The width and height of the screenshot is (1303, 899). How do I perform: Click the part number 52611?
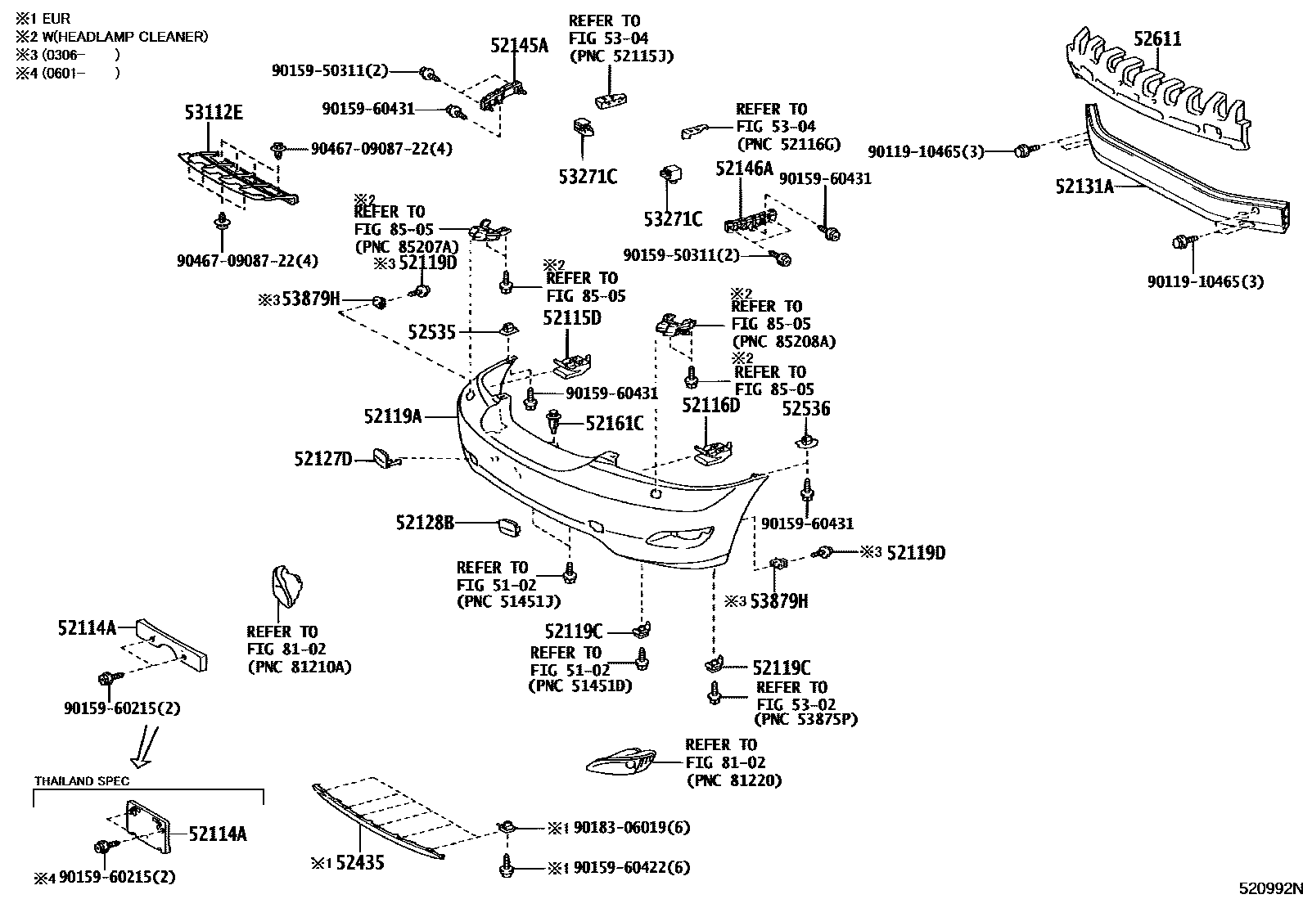[x=1157, y=38]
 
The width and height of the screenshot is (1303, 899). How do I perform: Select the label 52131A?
[x=1084, y=187]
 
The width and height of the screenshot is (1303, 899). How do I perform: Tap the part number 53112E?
[x=213, y=113]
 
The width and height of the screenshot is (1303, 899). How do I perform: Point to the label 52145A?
[x=519, y=45]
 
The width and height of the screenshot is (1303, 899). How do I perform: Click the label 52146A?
[x=743, y=169]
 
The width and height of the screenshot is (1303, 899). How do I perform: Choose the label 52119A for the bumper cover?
[x=393, y=417]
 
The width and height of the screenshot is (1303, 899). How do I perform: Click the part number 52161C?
[x=614, y=423]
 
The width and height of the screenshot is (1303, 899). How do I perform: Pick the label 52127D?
[x=323, y=460]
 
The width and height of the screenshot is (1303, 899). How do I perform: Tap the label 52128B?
[x=424, y=522]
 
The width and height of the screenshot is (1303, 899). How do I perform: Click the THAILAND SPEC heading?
[x=82, y=780]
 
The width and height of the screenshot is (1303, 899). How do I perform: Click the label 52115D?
[x=571, y=317]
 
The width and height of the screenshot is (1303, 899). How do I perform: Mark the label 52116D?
[x=710, y=405]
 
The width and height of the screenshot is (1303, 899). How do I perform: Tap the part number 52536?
[x=805, y=408]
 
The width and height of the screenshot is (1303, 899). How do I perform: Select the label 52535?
[x=432, y=332]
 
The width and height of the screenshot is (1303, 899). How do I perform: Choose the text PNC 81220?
[x=734, y=780]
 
